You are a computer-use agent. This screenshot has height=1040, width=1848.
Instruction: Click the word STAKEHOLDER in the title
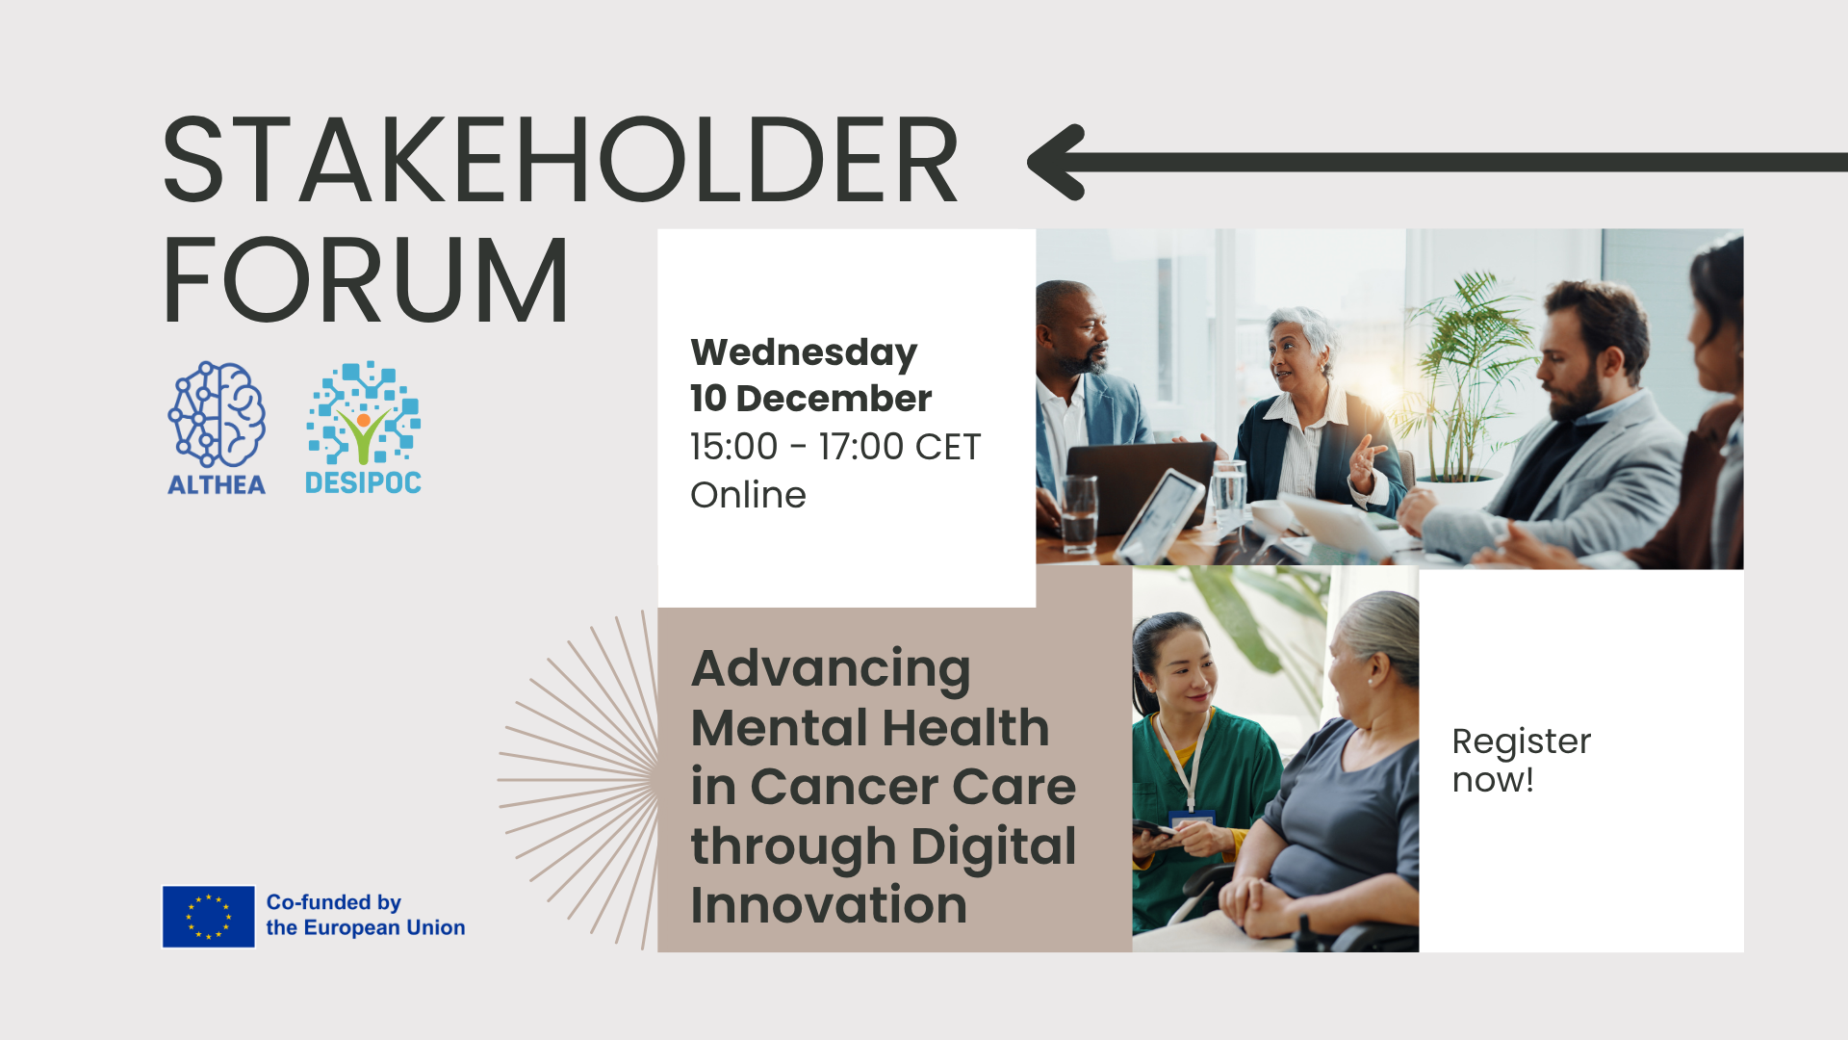pos(560,160)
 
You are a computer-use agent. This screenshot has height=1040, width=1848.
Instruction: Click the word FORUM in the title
pos(366,280)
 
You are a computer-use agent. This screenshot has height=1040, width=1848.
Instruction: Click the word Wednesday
pos(804,352)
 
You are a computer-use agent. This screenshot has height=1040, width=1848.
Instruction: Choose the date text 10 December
pos(810,399)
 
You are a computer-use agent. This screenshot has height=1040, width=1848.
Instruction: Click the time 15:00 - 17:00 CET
pos(834,447)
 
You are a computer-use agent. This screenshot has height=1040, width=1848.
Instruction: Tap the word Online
pos(748,495)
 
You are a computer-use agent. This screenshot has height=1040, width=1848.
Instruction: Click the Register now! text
pos(1521,760)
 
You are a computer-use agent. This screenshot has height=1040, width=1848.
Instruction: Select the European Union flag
pos(208,917)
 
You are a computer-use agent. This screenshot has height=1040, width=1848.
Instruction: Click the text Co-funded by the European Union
pos(365,915)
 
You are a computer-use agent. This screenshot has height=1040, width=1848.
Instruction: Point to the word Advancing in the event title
pos(831,668)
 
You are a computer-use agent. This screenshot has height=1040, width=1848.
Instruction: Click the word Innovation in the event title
pos(828,905)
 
